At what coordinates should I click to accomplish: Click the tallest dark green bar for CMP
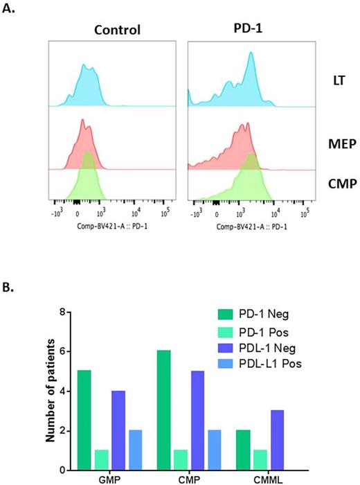(x=174, y=391)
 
